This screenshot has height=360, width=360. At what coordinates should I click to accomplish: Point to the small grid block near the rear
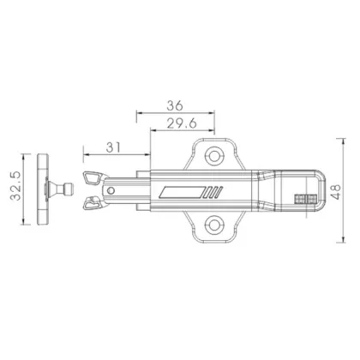(304, 199)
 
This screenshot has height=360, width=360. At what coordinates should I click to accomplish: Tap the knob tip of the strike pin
(68, 189)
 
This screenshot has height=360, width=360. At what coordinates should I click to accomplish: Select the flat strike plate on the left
(45, 189)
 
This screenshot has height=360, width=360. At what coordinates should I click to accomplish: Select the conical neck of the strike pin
(57, 189)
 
